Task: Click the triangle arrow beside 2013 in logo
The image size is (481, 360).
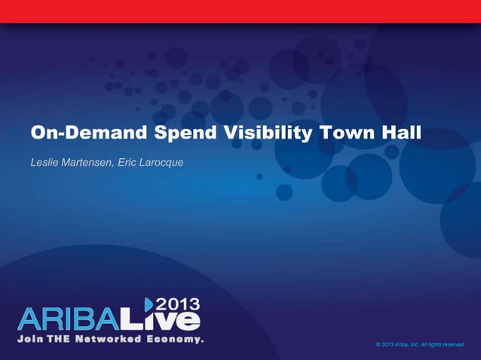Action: pos(149,304)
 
